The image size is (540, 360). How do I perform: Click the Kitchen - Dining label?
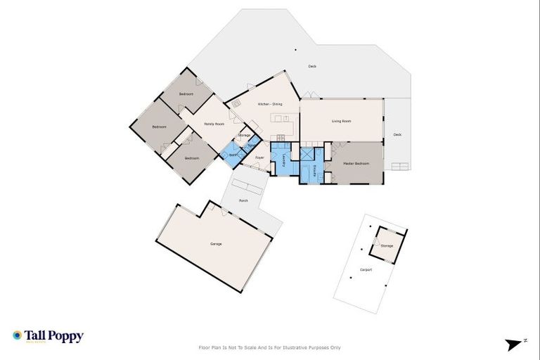point(270,104)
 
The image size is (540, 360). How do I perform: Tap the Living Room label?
point(342,121)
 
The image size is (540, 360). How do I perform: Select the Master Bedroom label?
point(356,163)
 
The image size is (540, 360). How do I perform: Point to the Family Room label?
point(214,124)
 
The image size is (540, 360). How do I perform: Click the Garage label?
point(216,244)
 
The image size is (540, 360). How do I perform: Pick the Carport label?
point(366,269)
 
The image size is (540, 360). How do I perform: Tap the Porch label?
point(243,200)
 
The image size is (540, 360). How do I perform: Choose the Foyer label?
point(259,157)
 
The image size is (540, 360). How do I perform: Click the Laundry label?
point(283,161)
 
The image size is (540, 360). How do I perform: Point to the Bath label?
point(231,155)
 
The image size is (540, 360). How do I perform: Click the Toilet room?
point(252,146)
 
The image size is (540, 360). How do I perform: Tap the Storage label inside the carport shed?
point(387,245)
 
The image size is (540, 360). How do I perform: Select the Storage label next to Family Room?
point(244,134)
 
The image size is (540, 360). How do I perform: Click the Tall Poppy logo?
point(48,336)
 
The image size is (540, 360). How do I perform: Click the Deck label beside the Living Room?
point(397,134)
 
